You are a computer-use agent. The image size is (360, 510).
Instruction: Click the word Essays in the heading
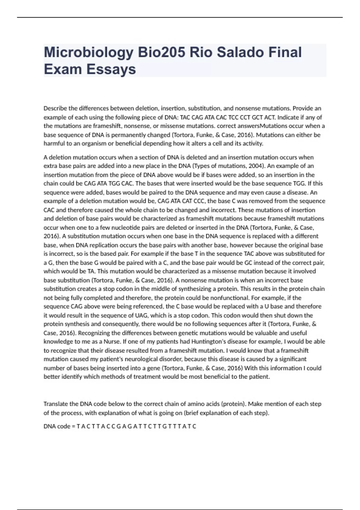[x=111, y=69]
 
